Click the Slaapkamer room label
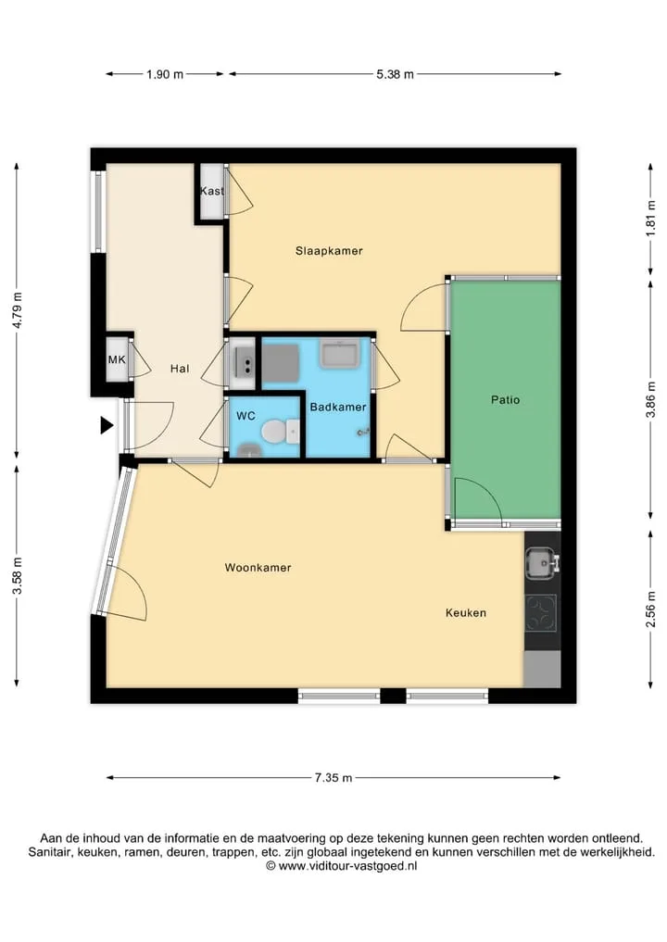329,251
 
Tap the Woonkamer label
258,568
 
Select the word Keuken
466,613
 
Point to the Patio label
506,400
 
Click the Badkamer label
338,408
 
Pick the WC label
245,416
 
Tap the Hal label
180,369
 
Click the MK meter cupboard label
117,360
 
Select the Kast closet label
211,191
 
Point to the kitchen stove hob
541,613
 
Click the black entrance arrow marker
107,425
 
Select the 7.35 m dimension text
333,777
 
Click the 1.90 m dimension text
165,74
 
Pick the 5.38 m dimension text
395,74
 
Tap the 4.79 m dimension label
18,310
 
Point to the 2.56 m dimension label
650,609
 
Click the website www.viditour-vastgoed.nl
348,866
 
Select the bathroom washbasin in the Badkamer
340,353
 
